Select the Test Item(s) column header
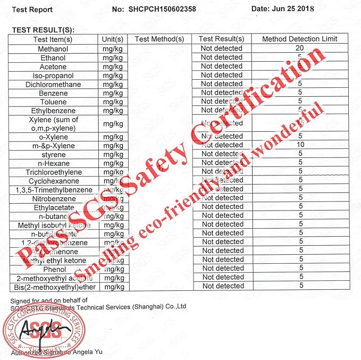[x=53, y=39]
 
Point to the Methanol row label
[x=53, y=48]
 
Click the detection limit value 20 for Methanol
[x=300, y=48]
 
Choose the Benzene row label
[x=53, y=93]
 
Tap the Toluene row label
[x=53, y=102]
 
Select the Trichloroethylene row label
[x=53, y=172]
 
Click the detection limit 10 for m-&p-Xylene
[x=300, y=145]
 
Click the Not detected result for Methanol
[x=221, y=48]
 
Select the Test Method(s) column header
[x=159, y=39]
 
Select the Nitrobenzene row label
[x=54, y=198]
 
